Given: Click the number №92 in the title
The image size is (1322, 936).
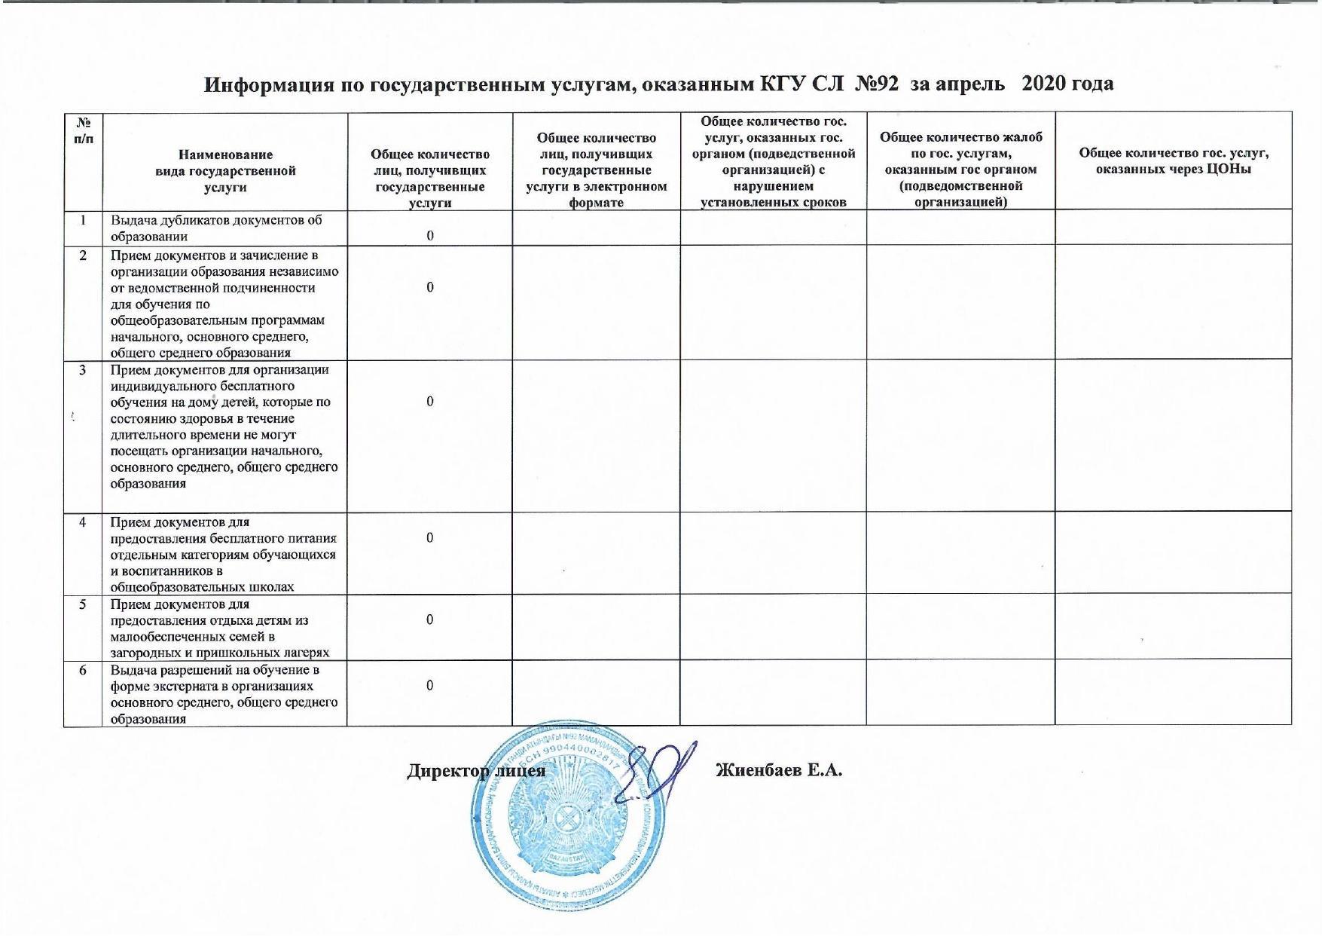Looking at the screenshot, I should click(x=875, y=84).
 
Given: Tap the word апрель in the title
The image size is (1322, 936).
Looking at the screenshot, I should click(x=970, y=84).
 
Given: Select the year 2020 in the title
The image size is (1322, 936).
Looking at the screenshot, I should click(x=1043, y=84).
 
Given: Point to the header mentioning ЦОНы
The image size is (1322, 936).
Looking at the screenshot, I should click(x=1174, y=161).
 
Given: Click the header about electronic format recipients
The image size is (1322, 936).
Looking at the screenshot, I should click(x=596, y=170).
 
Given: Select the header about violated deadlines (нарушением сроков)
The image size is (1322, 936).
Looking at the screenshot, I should click(x=773, y=161).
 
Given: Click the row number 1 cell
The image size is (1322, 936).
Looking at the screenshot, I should click(x=83, y=220).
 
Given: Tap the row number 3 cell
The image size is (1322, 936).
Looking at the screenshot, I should click(x=83, y=370).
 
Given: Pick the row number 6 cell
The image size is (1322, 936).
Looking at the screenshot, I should click(x=83, y=670).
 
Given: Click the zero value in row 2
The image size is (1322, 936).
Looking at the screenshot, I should click(x=429, y=287).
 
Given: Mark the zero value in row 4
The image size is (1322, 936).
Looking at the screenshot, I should click(x=429, y=537).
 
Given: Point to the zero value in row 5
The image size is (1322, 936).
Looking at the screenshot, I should click(x=429, y=619).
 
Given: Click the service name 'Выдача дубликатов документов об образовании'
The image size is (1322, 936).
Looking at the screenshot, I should click(x=217, y=228).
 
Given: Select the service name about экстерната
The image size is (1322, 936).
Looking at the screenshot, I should click(x=224, y=694).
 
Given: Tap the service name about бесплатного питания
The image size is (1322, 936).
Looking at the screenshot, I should click(x=224, y=554).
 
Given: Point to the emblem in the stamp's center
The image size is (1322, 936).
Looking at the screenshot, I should click(x=566, y=818).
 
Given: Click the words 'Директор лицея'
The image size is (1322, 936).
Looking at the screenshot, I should click(x=476, y=772).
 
